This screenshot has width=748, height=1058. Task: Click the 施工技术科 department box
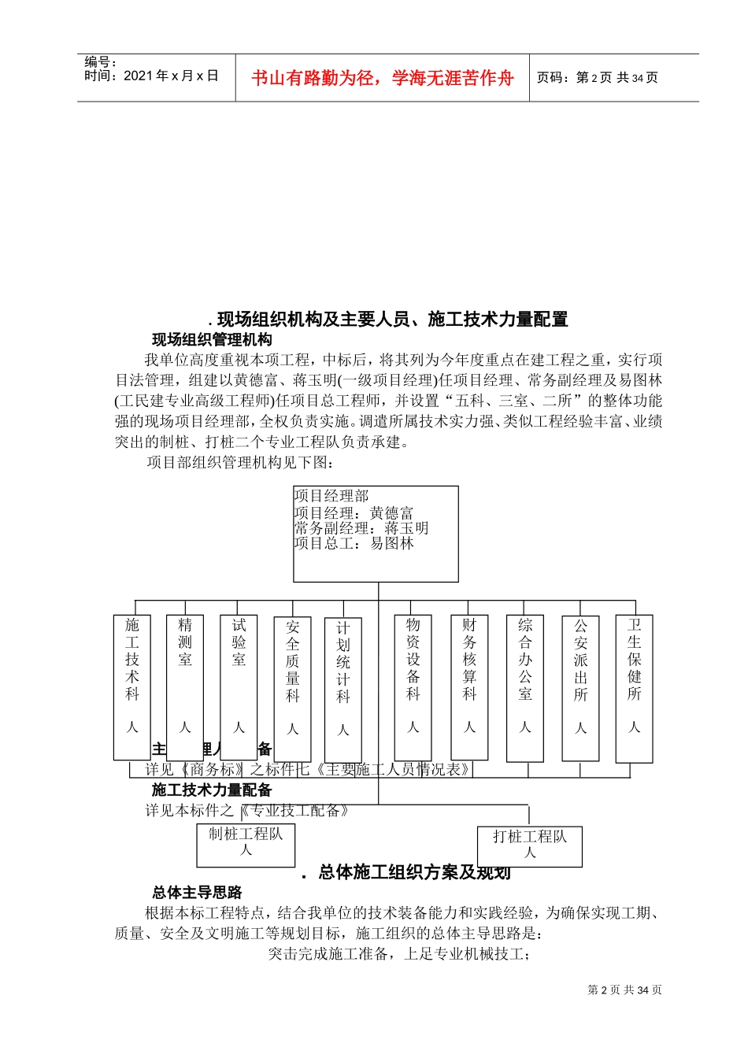(x=131, y=686)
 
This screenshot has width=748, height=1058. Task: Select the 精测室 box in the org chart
(x=185, y=686)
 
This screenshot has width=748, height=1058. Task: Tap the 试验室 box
(x=239, y=686)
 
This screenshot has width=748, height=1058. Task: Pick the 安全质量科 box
(x=292, y=689)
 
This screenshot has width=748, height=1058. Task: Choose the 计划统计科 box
(x=343, y=690)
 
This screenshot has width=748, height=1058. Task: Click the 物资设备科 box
(x=413, y=686)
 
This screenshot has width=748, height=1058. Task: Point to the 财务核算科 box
(x=469, y=686)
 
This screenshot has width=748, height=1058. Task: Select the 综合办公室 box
(x=525, y=688)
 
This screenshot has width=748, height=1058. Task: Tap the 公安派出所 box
(x=580, y=688)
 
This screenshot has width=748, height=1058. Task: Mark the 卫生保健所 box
(x=634, y=688)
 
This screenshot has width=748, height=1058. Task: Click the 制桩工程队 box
(x=246, y=845)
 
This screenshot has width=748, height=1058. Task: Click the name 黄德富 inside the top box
(x=391, y=512)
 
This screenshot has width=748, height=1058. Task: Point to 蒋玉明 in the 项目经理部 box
(x=406, y=528)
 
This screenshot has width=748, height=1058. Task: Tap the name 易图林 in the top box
(x=392, y=543)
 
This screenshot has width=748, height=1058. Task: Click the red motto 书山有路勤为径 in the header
(x=383, y=78)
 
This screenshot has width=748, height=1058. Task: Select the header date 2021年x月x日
(x=171, y=76)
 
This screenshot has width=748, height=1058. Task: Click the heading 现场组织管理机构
(x=212, y=340)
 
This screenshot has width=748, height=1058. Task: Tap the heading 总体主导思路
(x=197, y=893)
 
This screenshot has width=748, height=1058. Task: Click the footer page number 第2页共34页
(x=624, y=990)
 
